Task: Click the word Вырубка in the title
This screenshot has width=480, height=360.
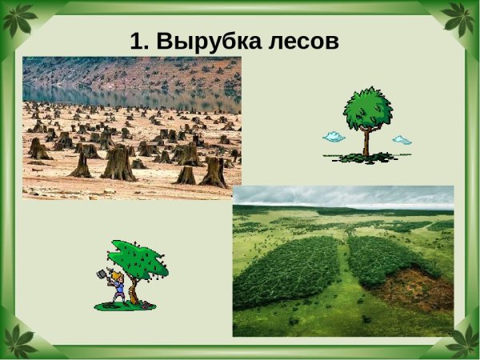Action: click(x=210, y=41)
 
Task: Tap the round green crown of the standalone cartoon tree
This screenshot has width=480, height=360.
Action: click(x=368, y=108)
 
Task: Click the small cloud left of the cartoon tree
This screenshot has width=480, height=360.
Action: click(x=334, y=137)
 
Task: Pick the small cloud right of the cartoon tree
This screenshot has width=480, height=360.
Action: click(x=402, y=140)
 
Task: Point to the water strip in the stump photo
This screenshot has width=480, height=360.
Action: click(x=132, y=98)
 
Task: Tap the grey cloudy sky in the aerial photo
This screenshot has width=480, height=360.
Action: click(x=344, y=196)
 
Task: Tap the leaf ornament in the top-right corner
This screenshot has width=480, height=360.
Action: click(x=462, y=18)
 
